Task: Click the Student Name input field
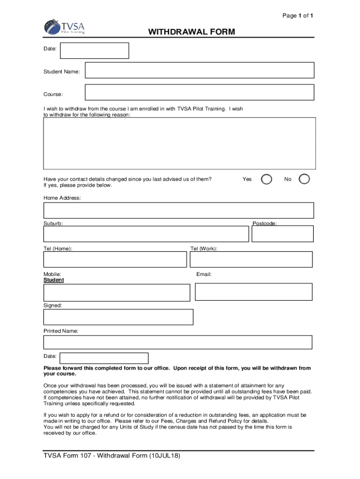click(199, 71)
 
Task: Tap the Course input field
click(199, 92)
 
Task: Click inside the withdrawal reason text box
click(179, 143)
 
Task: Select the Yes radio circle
click(266, 180)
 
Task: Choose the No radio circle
click(304, 180)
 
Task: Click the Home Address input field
click(179, 210)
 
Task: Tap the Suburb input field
click(146, 234)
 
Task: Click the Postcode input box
click(282, 234)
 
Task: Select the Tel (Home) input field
click(115, 260)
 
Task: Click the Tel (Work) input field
click(251, 260)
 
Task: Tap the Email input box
click(253, 292)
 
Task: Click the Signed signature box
click(118, 317)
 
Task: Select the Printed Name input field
click(178, 342)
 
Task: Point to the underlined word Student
click(54, 280)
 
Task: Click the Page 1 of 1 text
click(297, 16)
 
